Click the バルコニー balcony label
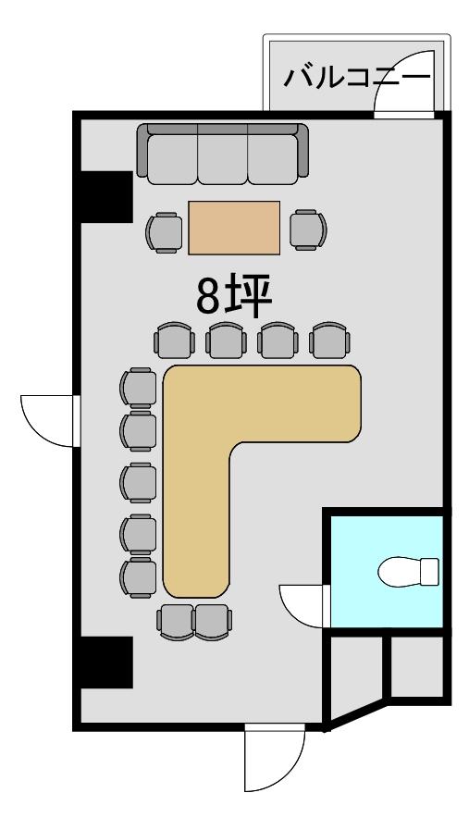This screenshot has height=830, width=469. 357,78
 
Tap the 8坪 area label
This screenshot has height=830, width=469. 235,296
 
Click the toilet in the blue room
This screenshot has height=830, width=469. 408,572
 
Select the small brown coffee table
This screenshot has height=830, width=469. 234,228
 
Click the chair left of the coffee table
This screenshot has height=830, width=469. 164,232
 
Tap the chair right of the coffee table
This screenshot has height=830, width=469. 308,229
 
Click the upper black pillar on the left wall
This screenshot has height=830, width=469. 105,197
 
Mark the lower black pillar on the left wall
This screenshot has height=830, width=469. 105,663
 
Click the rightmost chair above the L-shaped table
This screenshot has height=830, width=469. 328,341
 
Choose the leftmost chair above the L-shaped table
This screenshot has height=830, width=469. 174,341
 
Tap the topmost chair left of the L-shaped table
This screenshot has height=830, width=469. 138,388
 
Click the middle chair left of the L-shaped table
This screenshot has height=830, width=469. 138,483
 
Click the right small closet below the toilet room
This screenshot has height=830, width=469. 416,667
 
